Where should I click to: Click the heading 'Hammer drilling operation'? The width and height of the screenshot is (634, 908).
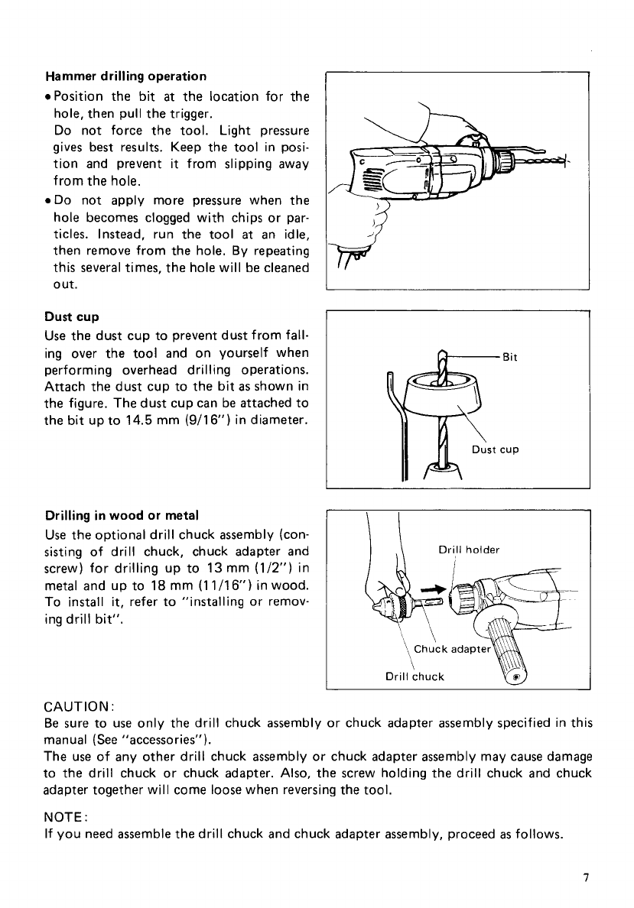tap(125, 76)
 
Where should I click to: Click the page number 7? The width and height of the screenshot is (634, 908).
tap(584, 878)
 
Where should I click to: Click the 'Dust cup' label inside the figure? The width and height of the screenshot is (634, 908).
tap(496, 449)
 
